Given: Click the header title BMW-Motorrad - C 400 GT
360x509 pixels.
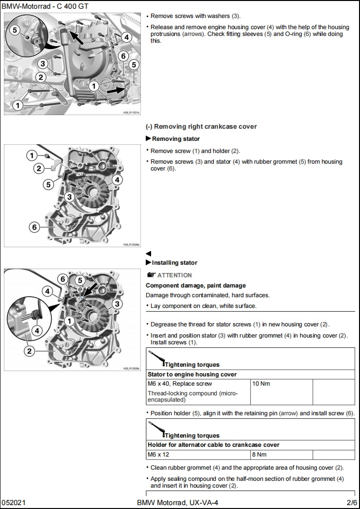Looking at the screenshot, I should tap(41, 6).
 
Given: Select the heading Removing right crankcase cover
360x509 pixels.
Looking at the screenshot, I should tap(201, 127).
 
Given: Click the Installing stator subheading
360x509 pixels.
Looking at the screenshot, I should tap(174, 263).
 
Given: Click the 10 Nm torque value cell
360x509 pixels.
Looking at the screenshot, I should tap(260, 384).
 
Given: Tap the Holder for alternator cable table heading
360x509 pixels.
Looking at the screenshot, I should tap(213, 445).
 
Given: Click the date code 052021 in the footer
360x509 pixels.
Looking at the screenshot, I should tap(14, 502).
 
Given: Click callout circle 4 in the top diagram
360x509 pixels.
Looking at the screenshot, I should tap(126, 37).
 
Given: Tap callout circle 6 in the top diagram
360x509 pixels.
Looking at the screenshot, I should tap(123, 56).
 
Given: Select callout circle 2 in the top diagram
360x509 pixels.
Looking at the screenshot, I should tap(41, 76).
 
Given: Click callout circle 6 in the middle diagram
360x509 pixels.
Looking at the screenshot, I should tap(34, 227).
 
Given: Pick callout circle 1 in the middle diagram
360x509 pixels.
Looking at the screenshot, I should tap(32, 155).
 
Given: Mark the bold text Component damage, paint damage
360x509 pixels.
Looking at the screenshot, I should tap(196, 286).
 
